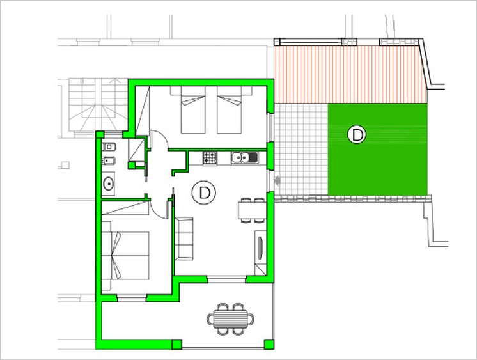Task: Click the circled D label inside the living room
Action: point(203,192)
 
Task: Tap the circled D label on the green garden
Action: point(357,134)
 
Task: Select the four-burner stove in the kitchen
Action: point(210,158)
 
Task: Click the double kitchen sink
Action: point(244,158)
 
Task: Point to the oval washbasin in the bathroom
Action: point(108,184)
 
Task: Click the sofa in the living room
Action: point(184,239)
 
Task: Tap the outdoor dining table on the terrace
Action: point(231,319)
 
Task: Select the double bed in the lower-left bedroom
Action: point(125,256)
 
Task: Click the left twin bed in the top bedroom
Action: point(193,110)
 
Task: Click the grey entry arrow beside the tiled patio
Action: point(277,182)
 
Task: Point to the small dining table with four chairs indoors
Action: point(252,210)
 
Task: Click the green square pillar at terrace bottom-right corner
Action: point(269,344)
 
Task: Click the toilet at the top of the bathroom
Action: point(108,147)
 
